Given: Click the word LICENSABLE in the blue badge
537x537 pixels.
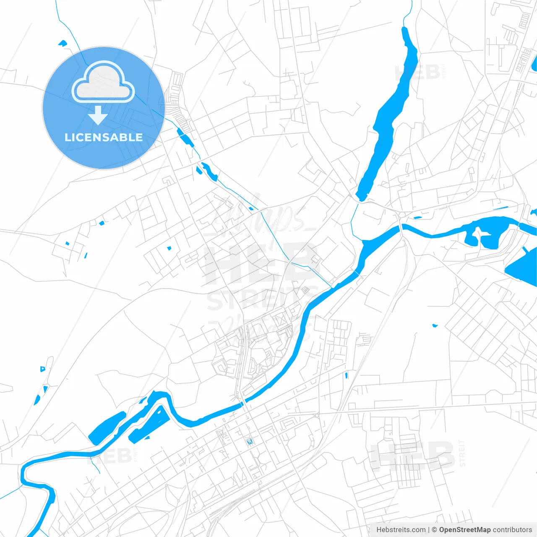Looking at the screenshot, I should click(x=103, y=137).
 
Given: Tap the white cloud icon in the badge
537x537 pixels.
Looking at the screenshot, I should click(x=103, y=83).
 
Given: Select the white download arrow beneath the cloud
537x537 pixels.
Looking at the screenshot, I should click(x=98, y=115).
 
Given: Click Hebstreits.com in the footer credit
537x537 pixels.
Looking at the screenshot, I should click(x=401, y=530).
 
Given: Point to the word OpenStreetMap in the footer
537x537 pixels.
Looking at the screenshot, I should click(x=464, y=530).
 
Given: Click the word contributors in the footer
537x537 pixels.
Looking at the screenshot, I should click(x=512, y=530).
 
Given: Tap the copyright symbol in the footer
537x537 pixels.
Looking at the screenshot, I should click(x=434, y=530).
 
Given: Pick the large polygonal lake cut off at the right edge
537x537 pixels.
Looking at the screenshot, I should click(x=522, y=268).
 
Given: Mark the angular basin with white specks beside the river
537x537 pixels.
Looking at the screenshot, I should click(x=149, y=424).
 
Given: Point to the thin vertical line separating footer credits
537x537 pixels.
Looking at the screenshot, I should click(x=429, y=530).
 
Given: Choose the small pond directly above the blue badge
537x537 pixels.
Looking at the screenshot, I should click(x=63, y=42).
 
